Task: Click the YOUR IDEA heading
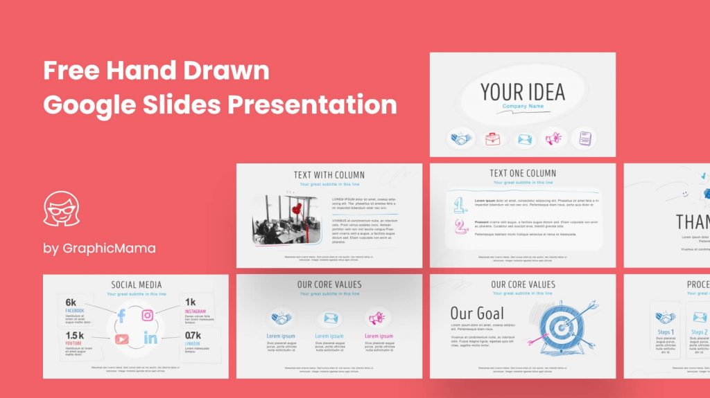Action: (522, 91)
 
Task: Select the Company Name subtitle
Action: (522, 107)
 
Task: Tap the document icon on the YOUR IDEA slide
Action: (585, 138)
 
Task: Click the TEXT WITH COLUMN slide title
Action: (329, 174)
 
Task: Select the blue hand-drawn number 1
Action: (459, 204)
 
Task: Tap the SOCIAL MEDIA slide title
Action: (137, 284)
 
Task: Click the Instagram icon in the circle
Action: (148, 316)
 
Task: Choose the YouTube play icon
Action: (122, 338)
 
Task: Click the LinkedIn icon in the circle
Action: (150, 338)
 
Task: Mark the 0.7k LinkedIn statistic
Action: (193, 336)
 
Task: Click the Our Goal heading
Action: (477, 313)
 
